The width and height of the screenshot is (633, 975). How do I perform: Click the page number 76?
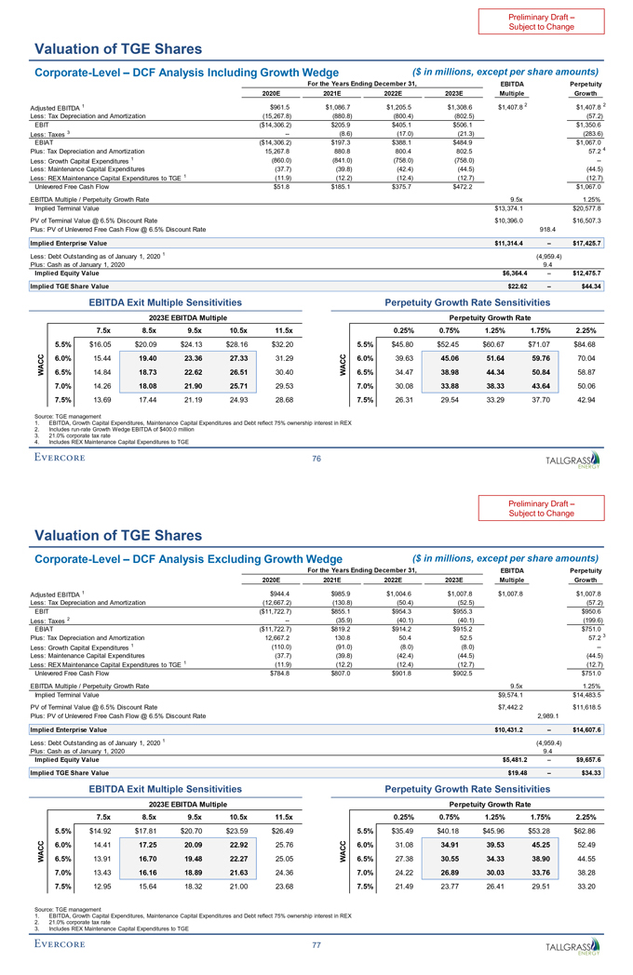(x=316, y=457)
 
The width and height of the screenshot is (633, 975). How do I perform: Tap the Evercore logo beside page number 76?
(x=59, y=457)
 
